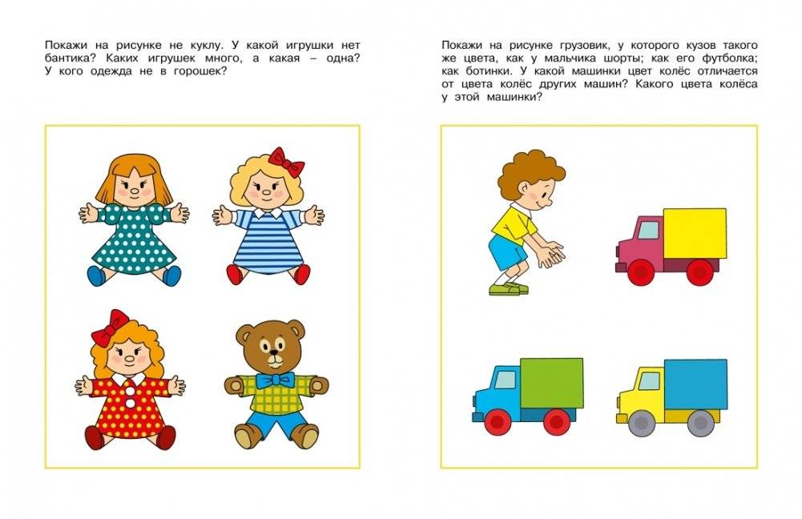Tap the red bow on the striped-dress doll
[x=287, y=162]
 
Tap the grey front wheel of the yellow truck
[x=637, y=422]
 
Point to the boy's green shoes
[x=506, y=287]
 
